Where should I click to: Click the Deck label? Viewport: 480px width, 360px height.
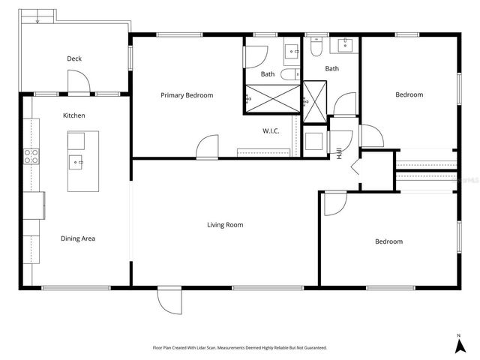74,58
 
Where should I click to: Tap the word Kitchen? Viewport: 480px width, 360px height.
73,115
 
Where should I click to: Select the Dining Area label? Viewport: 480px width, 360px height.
78,238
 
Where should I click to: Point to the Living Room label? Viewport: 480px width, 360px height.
225,224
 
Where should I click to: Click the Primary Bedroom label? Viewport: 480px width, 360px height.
187,95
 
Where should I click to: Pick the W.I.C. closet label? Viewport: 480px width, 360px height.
271,131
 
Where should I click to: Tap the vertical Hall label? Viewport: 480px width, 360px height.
340,153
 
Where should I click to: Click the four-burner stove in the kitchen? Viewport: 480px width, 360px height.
31,156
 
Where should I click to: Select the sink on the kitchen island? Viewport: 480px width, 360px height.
76,160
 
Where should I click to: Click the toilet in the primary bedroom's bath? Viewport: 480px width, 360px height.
290,74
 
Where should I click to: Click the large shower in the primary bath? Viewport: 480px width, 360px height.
271,98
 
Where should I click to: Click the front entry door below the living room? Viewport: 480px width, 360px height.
169,301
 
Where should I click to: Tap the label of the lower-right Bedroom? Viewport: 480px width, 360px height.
388,241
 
